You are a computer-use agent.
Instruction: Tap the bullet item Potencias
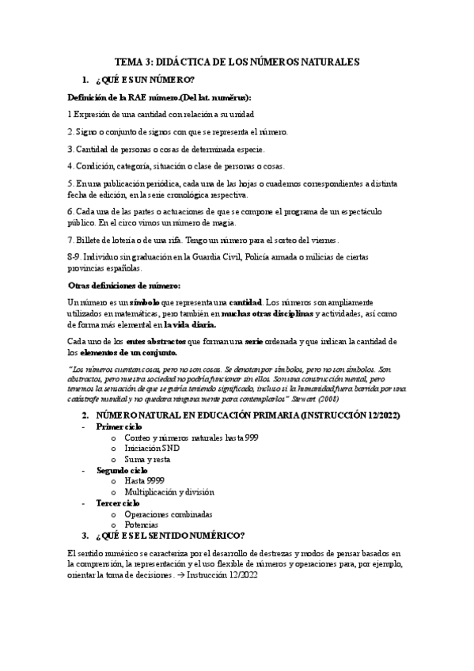[142, 525]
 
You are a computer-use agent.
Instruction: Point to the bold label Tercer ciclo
[118, 502]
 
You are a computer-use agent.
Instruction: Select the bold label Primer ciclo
[119, 426]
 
